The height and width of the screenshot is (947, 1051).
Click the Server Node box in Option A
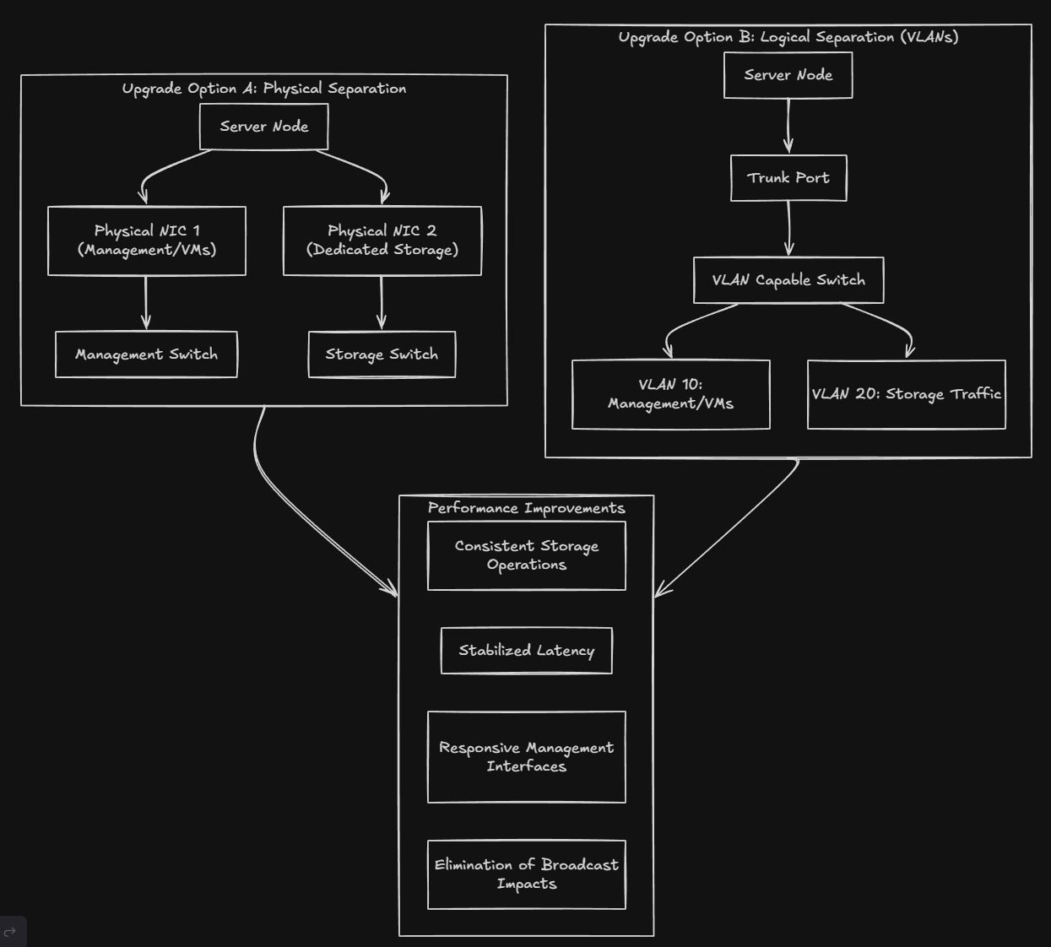click(263, 127)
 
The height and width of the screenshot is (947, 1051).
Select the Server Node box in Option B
click(788, 75)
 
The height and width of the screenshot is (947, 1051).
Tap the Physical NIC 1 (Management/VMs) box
click(147, 241)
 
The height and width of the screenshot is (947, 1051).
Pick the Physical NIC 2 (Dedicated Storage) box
click(382, 241)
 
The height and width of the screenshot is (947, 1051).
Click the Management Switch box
click(146, 354)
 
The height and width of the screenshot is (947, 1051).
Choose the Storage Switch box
click(382, 354)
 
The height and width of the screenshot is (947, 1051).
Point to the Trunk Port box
click(788, 178)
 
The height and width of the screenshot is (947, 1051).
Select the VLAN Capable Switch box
click(788, 280)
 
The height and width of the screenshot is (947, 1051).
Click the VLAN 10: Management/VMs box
click(670, 394)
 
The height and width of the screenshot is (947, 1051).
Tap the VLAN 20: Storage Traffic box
click(906, 394)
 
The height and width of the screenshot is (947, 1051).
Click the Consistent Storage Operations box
click(526, 555)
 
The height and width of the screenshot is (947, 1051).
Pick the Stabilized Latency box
click(526, 651)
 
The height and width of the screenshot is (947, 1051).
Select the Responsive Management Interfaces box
click(526, 757)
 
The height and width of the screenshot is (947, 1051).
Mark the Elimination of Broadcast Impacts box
click(526, 874)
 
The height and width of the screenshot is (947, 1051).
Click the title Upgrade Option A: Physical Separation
click(263, 89)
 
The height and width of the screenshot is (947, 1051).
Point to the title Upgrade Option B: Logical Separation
click(788, 37)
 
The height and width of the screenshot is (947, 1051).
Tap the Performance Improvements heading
click(526, 508)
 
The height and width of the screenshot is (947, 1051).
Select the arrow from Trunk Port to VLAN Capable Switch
click(788, 228)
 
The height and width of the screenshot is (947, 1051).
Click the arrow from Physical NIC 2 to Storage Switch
click(382, 302)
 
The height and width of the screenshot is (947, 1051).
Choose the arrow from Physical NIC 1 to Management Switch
click(146, 302)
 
